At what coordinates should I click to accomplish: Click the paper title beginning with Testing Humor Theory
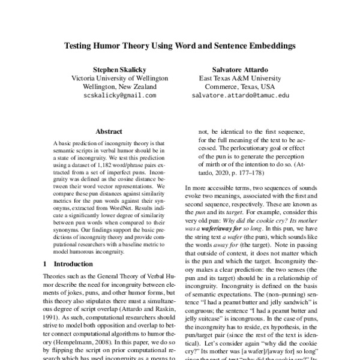pos(179,45)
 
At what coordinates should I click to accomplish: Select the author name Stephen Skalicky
pos(113,68)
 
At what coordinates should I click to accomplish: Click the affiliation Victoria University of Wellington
pos(113,77)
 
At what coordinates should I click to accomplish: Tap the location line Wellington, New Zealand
pos(113,86)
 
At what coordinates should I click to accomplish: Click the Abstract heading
pos(109,131)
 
